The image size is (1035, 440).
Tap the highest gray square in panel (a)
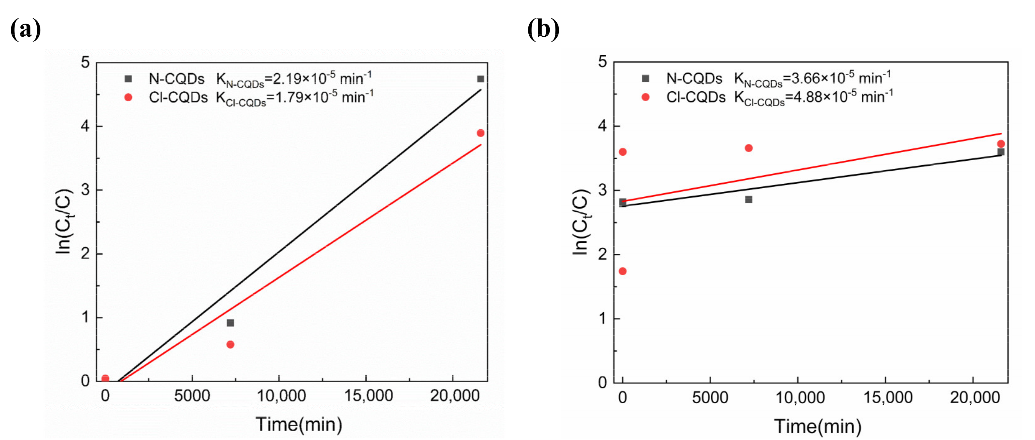[x=480, y=79]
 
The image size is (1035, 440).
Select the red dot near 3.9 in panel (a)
[x=480, y=133]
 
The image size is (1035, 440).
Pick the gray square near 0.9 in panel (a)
[x=230, y=323]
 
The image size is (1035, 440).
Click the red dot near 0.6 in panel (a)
[x=230, y=344]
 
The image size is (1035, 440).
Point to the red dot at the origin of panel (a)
[x=105, y=378]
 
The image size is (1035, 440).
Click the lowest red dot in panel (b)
[x=622, y=271]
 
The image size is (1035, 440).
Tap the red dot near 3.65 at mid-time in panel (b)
[x=749, y=148]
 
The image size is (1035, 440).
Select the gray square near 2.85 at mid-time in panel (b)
[x=749, y=199]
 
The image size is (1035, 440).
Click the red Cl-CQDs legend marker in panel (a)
[x=128, y=97]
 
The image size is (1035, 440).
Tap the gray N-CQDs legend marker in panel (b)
[x=645, y=78]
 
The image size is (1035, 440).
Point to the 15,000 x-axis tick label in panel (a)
[x=368, y=396]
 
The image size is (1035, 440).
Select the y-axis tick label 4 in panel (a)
[x=85, y=126]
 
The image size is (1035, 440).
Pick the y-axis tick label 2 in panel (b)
[x=602, y=254]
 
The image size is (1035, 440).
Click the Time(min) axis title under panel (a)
[x=299, y=424]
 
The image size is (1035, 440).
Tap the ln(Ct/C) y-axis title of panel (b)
[x=580, y=222]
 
